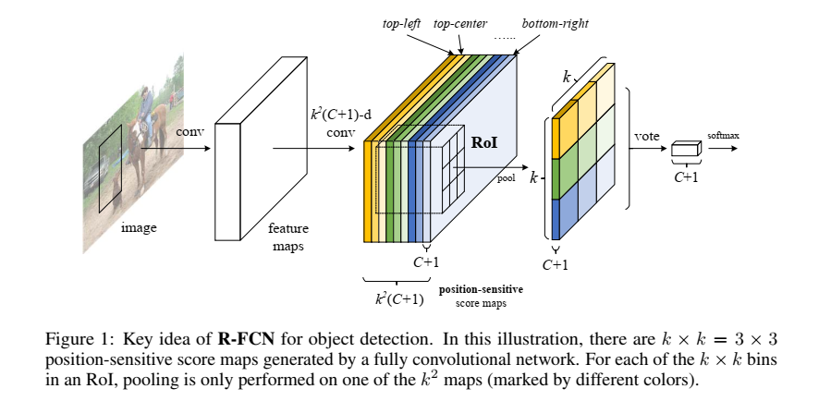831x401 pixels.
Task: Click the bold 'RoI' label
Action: (x=484, y=143)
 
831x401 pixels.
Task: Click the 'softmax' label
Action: (x=724, y=136)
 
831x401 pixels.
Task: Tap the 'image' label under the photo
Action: (x=139, y=225)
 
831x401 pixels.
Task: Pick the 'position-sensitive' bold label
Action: (x=486, y=289)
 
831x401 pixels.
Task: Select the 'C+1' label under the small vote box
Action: (x=685, y=176)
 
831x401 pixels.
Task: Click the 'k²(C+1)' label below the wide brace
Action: (x=399, y=298)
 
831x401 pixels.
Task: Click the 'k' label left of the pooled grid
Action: (x=532, y=176)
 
